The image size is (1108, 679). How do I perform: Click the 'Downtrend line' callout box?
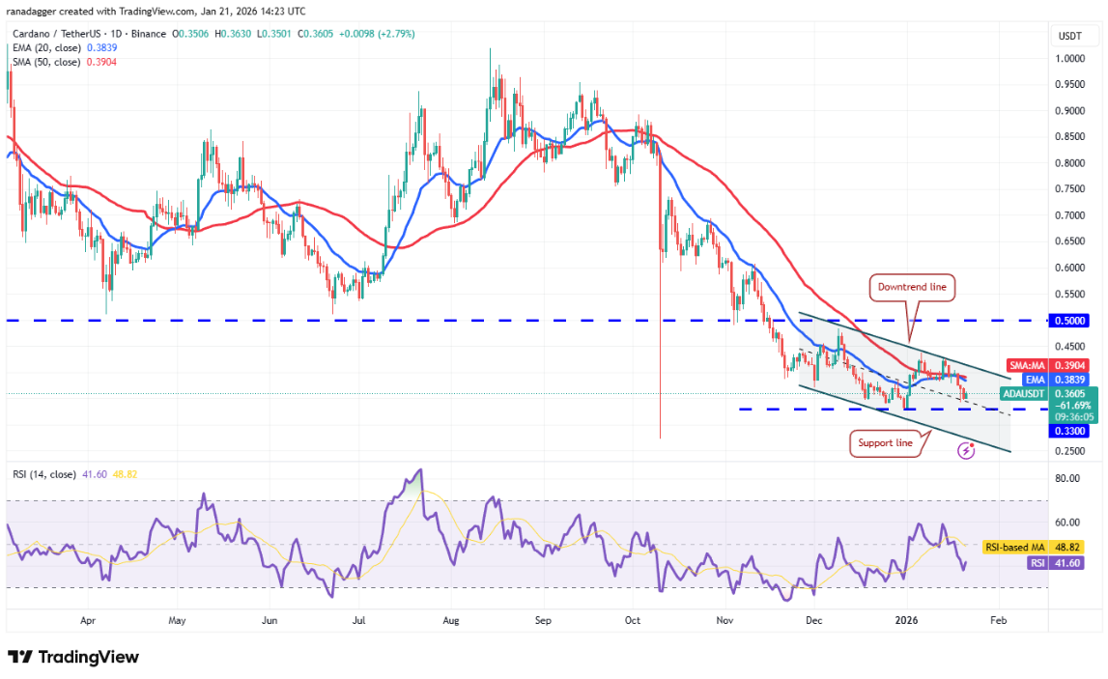click(x=913, y=287)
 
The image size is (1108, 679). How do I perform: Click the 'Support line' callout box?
click(x=884, y=443)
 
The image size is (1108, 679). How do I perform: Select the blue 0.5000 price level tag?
click(x=1068, y=320)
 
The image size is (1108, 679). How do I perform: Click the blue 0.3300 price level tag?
click(x=1068, y=431)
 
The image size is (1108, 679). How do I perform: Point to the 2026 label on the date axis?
click(x=905, y=622)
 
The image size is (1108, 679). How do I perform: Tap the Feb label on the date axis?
click(x=998, y=622)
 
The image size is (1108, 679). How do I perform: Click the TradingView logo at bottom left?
click(x=74, y=657)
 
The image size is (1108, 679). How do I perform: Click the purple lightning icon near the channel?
click(x=964, y=451)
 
